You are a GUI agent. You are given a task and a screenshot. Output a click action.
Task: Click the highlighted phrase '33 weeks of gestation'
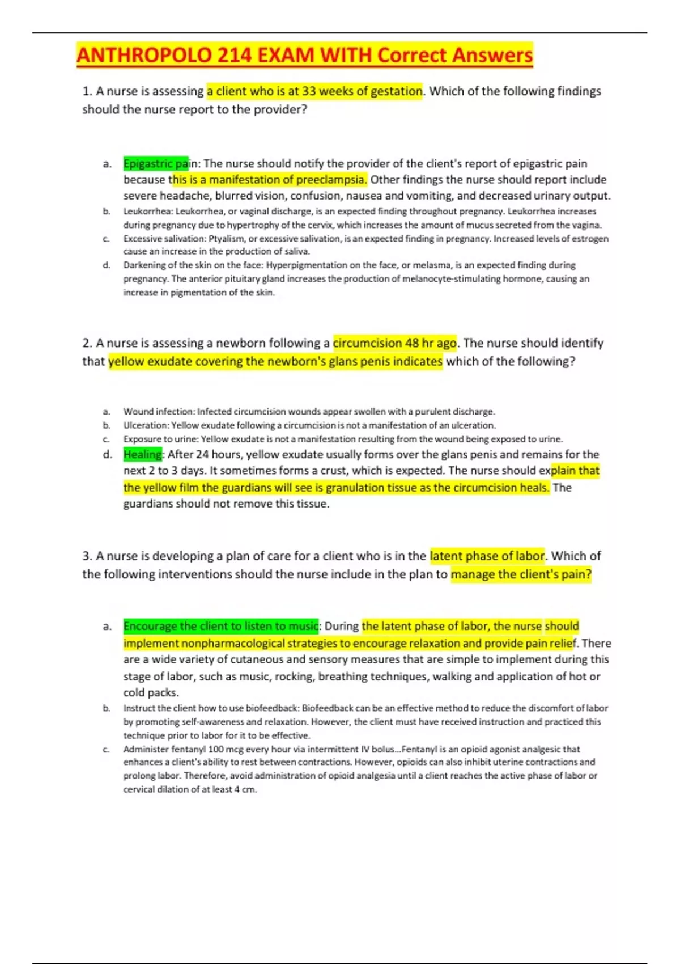click(x=362, y=91)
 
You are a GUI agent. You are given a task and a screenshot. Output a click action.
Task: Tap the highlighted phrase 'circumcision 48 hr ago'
click(x=395, y=343)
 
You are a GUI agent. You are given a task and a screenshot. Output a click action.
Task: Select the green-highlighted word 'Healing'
click(x=143, y=454)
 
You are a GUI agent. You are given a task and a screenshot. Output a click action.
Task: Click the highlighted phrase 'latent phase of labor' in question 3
click(x=487, y=556)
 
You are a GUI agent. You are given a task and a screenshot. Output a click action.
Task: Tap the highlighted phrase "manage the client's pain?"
click(x=521, y=574)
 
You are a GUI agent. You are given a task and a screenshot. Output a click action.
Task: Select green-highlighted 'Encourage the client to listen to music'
click(x=220, y=626)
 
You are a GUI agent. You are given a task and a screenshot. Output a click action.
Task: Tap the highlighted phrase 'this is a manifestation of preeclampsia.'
click(x=269, y=180)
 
